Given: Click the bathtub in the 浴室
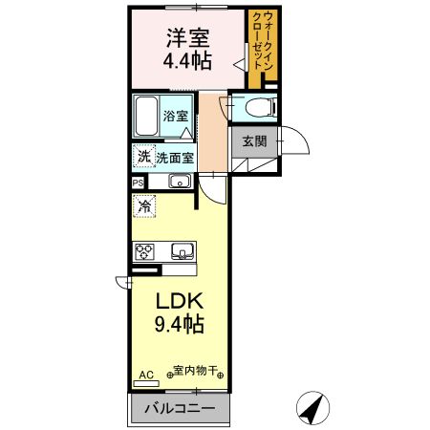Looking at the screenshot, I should (x=146, y=117).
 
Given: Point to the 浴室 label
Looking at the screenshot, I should (x=177, y=116).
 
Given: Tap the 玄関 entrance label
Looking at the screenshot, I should (x=254, y=141).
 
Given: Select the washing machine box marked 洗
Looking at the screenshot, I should (x=143, y=156).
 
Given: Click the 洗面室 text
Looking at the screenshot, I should (x=175, y=158).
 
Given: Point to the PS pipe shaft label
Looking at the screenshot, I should (x=138, y=182).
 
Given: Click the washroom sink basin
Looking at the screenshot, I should (x=180, y=181).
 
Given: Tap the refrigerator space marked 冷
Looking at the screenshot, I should (x=144, y=204).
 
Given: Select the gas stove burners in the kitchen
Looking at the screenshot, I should (x=145, y=252).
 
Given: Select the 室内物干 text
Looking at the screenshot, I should (x=197, y=371).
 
